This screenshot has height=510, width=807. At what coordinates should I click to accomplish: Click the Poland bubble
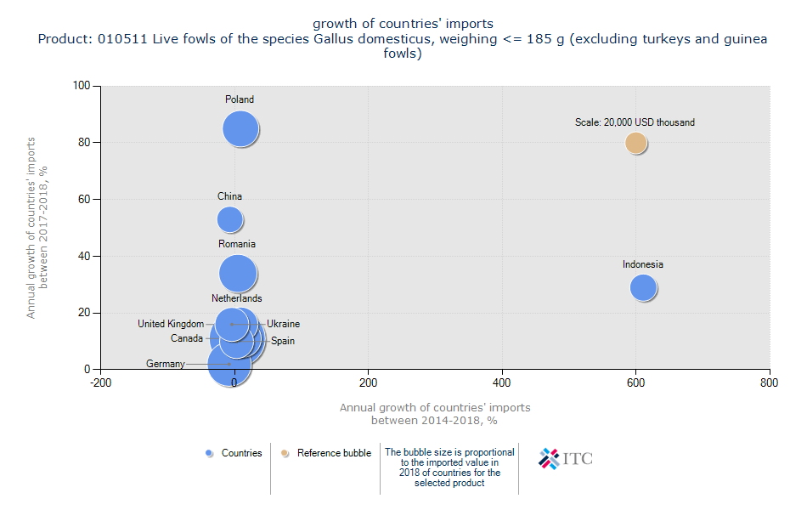pos(240,129)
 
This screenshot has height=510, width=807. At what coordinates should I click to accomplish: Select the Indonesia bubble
pos(644,288)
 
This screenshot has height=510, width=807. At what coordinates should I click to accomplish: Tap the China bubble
pos(229,219)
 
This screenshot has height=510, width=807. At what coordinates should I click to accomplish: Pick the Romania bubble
pos(238,274)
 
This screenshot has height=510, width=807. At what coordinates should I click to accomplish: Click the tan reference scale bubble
pos(636,143)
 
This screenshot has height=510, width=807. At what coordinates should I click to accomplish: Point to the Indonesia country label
pos(642,264)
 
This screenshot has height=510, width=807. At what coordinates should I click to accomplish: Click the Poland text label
pos(240,99)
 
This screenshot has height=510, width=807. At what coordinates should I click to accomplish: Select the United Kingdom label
pos(171,324)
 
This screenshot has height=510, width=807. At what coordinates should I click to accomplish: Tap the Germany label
pos(165,364)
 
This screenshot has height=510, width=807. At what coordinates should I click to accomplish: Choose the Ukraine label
pos(283,324)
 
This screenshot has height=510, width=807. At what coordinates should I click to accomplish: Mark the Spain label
pos(283,341)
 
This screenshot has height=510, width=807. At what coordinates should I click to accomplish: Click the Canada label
pos(187,338)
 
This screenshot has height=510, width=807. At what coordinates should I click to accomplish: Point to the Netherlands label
pos(237,298)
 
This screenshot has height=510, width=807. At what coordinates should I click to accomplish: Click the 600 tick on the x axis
pos(635,383)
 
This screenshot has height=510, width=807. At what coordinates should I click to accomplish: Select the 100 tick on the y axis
pos(82,86)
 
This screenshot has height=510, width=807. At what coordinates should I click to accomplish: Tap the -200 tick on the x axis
pos(100,383)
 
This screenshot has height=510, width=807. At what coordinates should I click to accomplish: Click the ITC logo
pos(566,458)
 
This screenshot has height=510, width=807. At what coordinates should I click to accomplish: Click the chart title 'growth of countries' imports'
pos(403,23)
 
